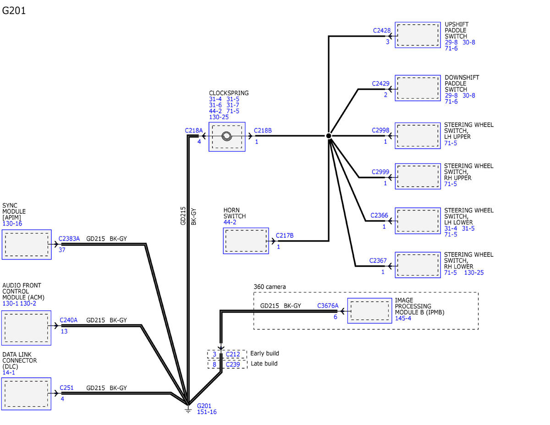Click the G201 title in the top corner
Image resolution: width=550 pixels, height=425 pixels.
(14, 11)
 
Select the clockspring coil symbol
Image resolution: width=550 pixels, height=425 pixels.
(226, 136)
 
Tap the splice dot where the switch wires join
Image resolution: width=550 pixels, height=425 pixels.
(329, 136)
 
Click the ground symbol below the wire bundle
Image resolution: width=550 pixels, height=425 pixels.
(188, 410)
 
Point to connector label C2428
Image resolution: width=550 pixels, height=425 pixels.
(382, 30)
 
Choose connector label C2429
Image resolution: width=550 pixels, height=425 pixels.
(380, 83)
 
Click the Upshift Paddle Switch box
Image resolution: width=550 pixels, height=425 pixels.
(418, 35)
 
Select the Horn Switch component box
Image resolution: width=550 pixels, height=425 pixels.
(246, 241)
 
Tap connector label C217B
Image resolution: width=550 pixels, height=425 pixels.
(285, 235)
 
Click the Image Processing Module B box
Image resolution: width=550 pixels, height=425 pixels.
(369, 310)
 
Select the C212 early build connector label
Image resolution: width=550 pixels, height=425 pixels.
(233, 354)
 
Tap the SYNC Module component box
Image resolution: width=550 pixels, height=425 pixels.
(27, 244)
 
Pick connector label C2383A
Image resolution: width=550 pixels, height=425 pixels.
(69, 238)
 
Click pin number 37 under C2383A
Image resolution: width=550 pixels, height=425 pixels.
(62, 250)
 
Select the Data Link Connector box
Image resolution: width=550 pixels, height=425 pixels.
(26, 394)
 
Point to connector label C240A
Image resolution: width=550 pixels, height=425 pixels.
(68, 320)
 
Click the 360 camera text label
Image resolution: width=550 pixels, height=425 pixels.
(269, 287)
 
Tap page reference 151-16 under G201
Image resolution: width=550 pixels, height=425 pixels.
(207, 412)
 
